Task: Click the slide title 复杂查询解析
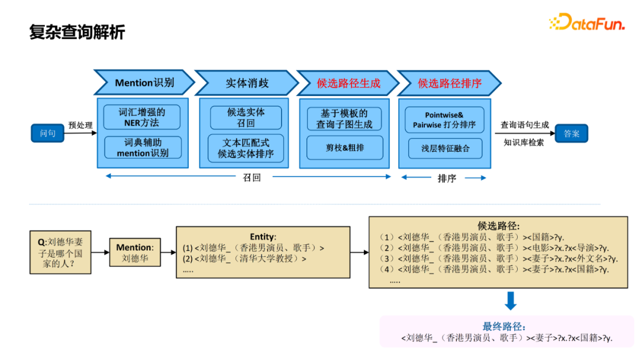77,32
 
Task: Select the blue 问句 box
47,133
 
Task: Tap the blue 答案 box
571,133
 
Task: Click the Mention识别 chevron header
144,83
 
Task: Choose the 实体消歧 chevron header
247,83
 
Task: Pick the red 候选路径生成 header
348,83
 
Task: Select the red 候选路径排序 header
449,83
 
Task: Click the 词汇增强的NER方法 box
142,117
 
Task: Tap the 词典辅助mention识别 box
142,147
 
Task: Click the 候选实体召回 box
246,117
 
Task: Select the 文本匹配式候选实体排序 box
246,148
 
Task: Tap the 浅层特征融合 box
445,149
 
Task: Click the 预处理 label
80,126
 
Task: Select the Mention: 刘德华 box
134,253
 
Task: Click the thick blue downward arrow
511,301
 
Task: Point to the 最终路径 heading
504,326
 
